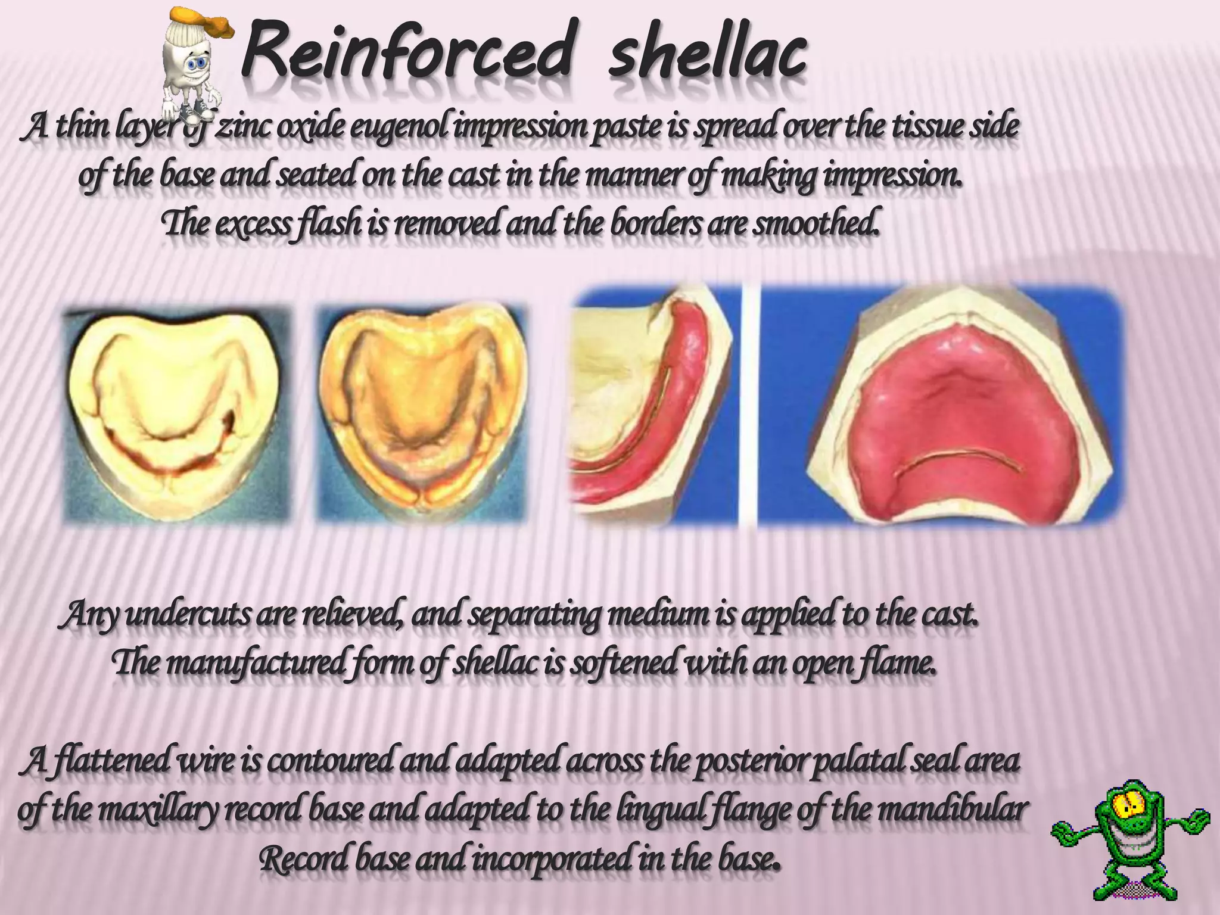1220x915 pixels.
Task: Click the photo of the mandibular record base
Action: tap(652, 405)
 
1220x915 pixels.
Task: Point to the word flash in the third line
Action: tap(331, 225)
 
